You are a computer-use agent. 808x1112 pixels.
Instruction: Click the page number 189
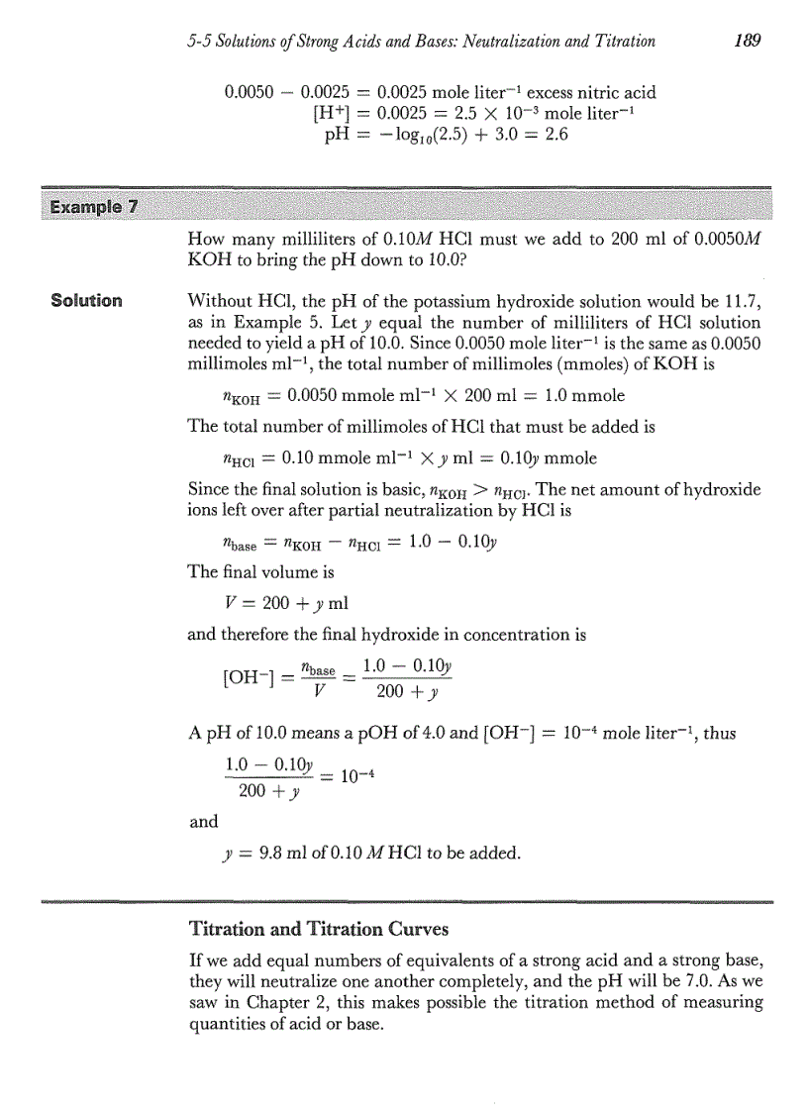(741, 41)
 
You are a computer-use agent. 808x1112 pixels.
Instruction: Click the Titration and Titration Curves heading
(318, 929)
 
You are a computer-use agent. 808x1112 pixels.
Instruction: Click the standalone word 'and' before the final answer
(202, 820)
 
